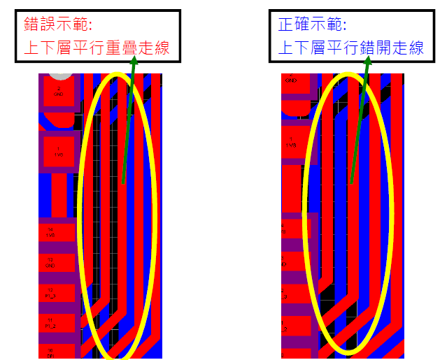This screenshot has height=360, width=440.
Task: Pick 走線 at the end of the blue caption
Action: coord(408,48)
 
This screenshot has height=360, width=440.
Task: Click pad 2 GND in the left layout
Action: coord(59,92)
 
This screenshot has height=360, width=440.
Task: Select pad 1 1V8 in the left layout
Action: coord(59,152)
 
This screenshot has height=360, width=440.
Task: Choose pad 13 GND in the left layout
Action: coord(50,263)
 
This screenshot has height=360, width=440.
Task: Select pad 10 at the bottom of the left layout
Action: coord(50,351)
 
